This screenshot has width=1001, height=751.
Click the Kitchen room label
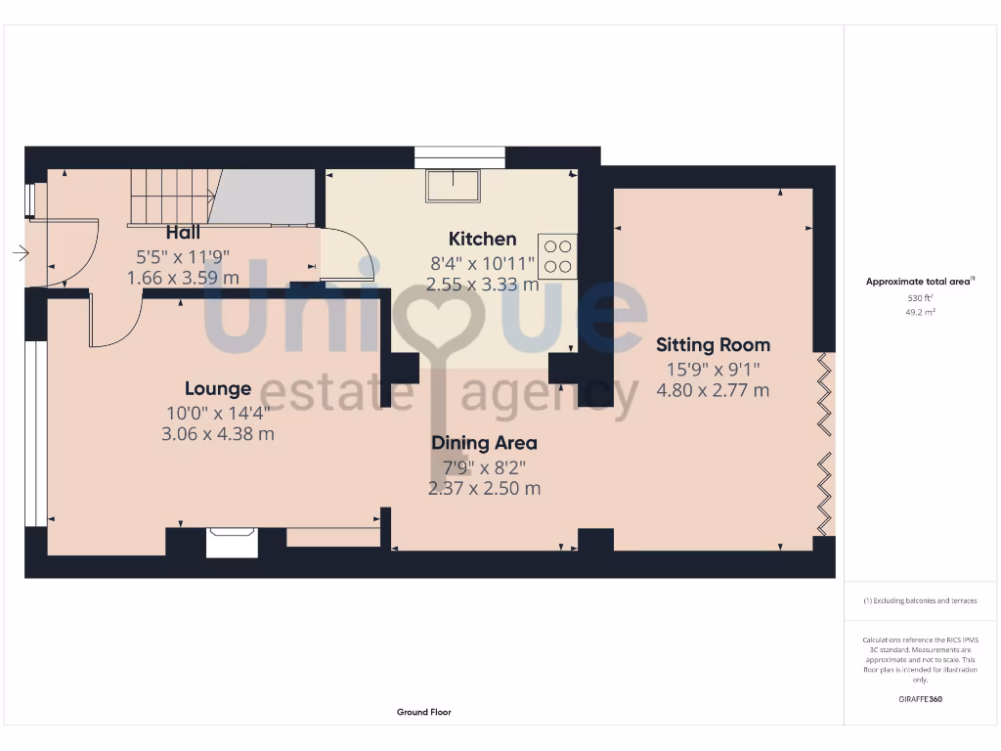click(x=482, y=239)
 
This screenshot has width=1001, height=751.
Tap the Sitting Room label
click(x=713, y=344)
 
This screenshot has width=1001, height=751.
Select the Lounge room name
click(x=217, y=388)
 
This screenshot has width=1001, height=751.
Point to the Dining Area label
click(x=484, y=443)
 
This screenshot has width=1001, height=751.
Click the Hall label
click(x=183, y=233)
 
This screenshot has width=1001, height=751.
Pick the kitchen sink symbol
click(x=453, y=185)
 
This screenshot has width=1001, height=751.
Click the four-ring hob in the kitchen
click(x=557, y=256)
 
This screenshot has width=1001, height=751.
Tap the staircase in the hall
click(x=171, y=197)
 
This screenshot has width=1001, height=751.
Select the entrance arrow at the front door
click(x=21, y=254)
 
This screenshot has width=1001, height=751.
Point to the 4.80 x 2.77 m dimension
click(x=713, y=390)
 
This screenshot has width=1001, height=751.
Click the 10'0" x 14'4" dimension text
click(x=217, y=413)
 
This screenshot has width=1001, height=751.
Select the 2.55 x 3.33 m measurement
click(x=482, y=285)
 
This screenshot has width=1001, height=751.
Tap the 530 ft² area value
click(x=919, y=297)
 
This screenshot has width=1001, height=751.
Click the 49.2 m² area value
click(x=919, y=312)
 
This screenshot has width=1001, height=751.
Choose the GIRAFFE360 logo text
click(x=920, y=699)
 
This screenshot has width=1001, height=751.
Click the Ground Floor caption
click(x=424, y=712)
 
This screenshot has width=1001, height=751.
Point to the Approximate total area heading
click(x=919, y=282)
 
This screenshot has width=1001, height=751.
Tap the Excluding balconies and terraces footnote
click(x=919, y=600)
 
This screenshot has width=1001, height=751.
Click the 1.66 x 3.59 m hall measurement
click(x=183, y=278)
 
